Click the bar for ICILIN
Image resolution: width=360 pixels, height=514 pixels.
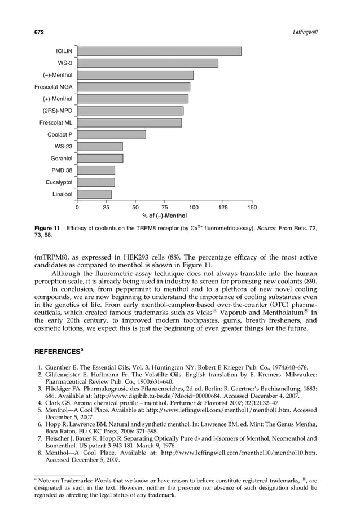(x=159, y=51)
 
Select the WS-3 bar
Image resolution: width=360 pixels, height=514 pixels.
(x=148, y=63)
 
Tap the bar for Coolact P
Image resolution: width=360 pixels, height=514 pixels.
(x=112, y=135)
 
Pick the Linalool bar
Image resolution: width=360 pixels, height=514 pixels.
(x=94, y=194)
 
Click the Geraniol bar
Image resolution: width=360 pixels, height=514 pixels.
(x=100, y=159)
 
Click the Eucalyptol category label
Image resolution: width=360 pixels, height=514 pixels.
(x=59, y=182)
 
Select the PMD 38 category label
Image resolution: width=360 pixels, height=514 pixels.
(x=62, y=170)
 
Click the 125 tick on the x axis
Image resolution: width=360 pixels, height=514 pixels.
(x=223, y=208)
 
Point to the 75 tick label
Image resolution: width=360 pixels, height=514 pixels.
(x=164, y=208)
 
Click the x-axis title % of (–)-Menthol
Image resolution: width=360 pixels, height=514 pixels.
(x=164, y=216)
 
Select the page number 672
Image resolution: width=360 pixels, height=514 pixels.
(x=39, y=33)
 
